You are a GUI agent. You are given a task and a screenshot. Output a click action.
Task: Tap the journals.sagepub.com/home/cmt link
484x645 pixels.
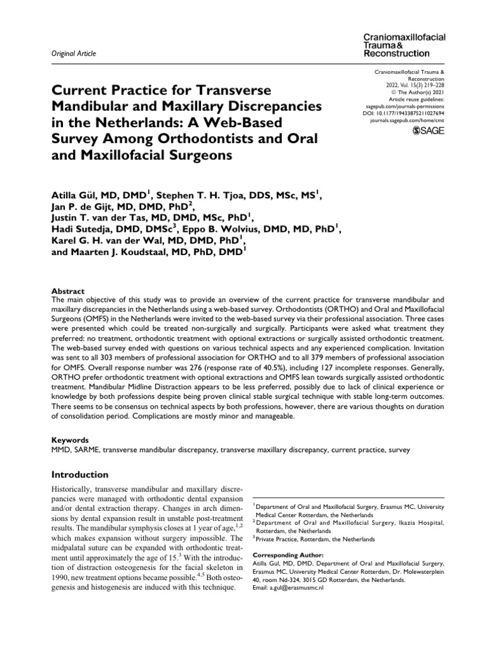[405, 120]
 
